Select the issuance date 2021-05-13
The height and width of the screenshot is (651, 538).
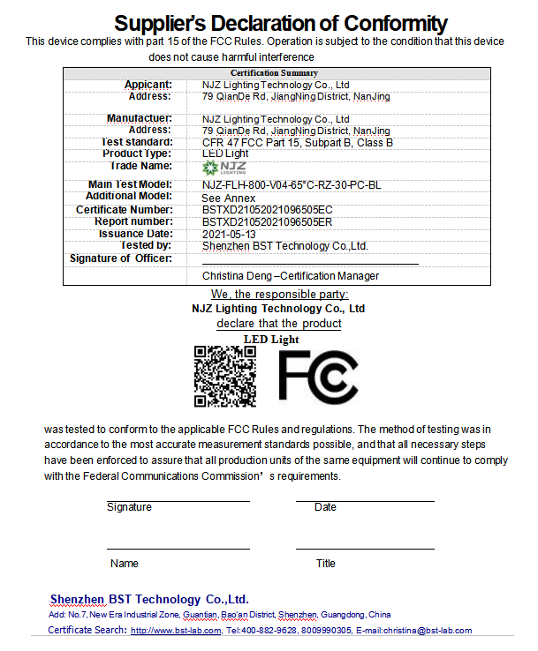click(x=230, y=234)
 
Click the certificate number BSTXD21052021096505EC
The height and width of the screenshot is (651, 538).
click(x=267, y=210)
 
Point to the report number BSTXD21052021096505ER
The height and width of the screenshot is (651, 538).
click(x=267, y=222)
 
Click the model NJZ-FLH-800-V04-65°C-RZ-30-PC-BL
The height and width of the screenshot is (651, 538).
click(x=292, y=185)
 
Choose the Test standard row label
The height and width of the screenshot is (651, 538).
click(x=137, y=142)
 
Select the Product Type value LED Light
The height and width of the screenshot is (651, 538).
click(x=225, y=153)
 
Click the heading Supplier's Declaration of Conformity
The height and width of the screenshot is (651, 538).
click(x=281, y=24)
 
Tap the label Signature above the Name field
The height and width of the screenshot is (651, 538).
click(x=129, y=507)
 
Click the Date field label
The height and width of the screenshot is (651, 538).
click(x=325, y=507)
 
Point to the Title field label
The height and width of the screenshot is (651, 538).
click(x=326, y=563)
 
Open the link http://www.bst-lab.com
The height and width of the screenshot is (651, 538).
click(x=175, y=631)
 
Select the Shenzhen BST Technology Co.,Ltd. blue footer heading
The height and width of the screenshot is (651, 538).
click(x=149, y=598)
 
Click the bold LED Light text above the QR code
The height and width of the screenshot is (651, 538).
click(x=271, y=339)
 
